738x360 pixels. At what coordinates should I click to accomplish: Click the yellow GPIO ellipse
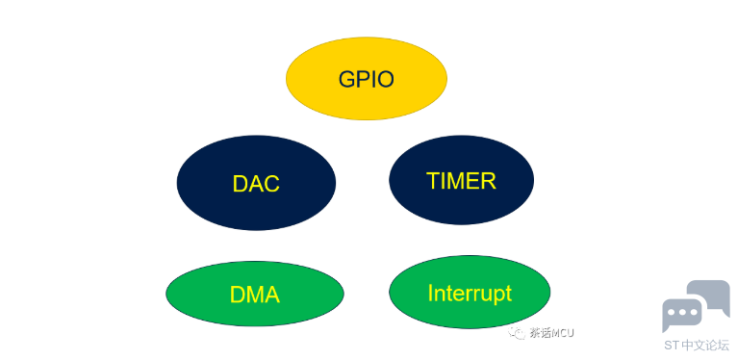[x=367, y=78]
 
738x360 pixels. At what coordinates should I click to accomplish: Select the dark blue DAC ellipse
[x=256, y=183]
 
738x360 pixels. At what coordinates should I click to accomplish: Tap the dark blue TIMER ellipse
[x=461, y=179]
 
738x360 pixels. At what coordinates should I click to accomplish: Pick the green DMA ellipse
[x=255, y=294]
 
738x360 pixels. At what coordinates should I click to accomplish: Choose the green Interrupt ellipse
[x=470, y=292]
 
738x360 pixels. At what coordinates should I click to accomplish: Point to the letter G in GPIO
[x=347, y=79]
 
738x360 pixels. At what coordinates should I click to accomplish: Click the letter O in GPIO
[x=386, y=79]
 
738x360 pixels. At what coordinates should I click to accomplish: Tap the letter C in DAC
[x=271, y=184]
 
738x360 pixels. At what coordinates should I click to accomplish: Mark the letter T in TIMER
[x=433, y=180]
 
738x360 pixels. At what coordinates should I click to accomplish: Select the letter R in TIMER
[x=489, y=180]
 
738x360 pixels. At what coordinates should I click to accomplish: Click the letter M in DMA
[x=255, y=295]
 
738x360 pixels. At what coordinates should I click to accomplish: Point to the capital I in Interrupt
[x=430, y=293]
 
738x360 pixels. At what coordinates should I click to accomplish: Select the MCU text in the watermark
[x=563, y=333]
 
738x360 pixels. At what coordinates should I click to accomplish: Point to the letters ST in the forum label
[x=673, y=345]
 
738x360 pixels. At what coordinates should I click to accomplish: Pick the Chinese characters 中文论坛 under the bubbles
[x=705, y=345]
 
